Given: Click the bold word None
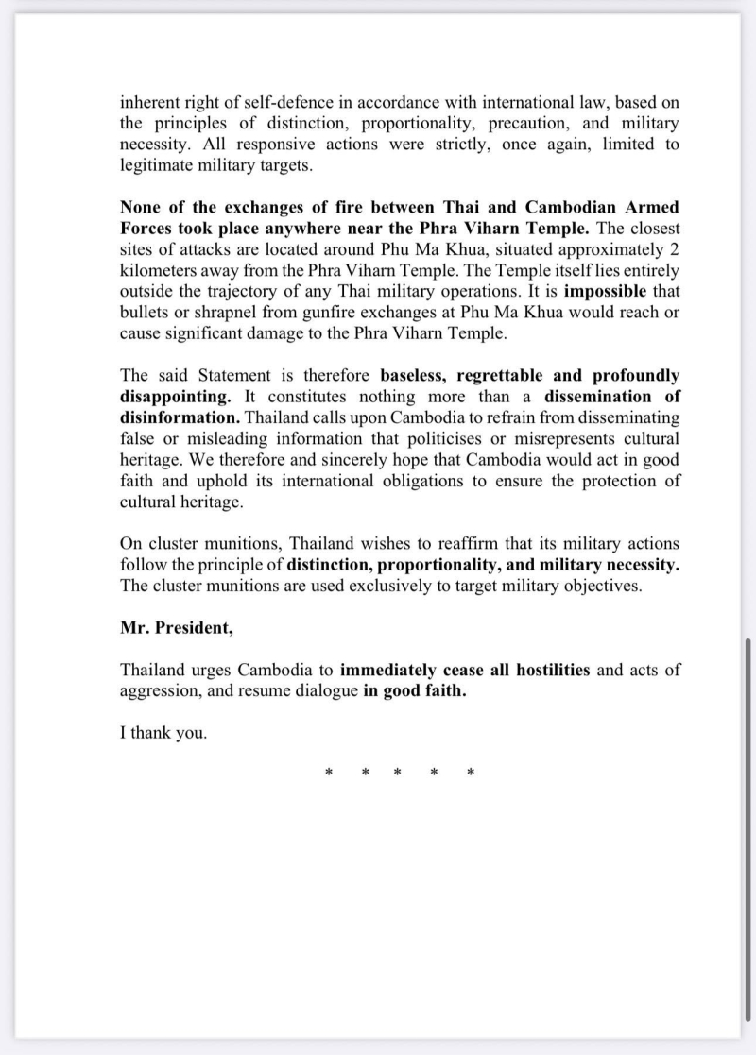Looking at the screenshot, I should point(141,206).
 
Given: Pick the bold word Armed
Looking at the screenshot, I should point(652,206).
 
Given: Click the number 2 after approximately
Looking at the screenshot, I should point(674,247).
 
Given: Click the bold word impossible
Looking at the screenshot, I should point(605,289).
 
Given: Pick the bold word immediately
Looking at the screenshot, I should point(388,670).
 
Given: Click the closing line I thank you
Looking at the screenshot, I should point(163,732).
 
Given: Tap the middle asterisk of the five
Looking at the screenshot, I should point(398,774).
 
